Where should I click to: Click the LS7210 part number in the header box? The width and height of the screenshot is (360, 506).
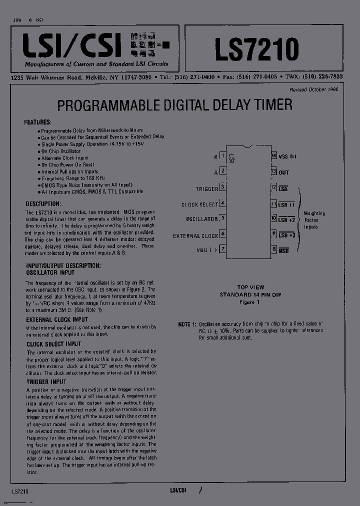256,49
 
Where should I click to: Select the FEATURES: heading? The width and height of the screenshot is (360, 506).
37,122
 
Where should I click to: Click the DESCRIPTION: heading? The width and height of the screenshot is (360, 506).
42,204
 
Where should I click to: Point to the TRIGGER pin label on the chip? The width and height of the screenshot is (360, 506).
207,189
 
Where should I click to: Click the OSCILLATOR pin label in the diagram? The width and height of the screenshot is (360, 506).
202,219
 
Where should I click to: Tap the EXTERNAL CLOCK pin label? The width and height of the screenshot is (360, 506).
195,235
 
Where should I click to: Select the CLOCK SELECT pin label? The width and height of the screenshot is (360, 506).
199,204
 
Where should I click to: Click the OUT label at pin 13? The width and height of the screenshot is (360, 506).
284,172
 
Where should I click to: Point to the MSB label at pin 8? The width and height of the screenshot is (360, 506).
284,250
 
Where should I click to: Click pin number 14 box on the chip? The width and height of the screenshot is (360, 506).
273,156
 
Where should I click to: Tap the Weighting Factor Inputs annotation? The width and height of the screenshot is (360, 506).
314,220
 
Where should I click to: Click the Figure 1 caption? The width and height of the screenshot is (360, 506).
250,302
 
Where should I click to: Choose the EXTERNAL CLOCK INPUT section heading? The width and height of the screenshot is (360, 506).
57,319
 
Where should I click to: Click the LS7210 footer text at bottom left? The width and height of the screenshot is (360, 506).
19,491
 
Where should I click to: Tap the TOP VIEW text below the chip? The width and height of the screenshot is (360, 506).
250,287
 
